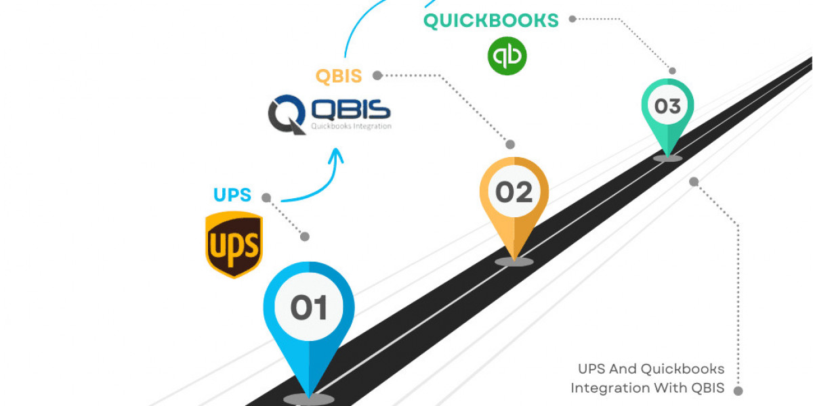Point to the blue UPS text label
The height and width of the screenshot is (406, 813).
click(232, 196)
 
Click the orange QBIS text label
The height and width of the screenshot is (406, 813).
click(339, 76)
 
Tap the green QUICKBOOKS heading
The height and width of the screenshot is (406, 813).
click(491, 20)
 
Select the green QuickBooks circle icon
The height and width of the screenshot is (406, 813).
click(507, 55)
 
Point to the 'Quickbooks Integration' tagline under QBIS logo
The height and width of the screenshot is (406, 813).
click(351, 126)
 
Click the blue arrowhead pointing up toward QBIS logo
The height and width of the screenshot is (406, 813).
click(335, 158)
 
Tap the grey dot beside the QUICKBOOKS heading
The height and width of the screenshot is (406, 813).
click(572, 19)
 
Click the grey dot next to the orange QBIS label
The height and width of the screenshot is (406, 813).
click(377, 75)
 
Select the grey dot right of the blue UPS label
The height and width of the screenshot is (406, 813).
click(266, 198)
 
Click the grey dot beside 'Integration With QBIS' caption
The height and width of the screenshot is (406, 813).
click(738, 390)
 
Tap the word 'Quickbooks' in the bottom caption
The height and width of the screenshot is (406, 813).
click(682, 369)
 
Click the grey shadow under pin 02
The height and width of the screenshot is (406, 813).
click(514, 261)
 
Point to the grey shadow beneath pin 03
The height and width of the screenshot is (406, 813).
click(667, 158)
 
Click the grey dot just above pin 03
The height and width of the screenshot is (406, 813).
click(672, 70)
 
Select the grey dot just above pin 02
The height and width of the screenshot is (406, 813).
click(510, 144)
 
